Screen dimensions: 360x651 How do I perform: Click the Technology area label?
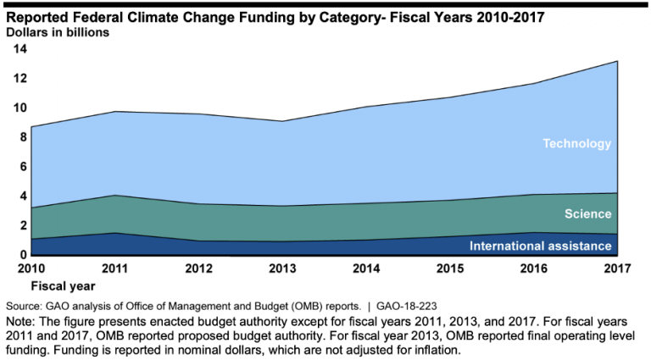[x=576, y=144]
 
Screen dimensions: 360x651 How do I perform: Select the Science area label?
[x=587, y=214]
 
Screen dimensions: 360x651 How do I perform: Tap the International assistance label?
[x=541, y=246]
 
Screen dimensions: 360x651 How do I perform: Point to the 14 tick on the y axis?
[x=19, y=49]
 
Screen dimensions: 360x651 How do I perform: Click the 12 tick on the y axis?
[x=19, y=79]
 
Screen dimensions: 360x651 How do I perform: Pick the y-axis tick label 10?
[x=19, y=108]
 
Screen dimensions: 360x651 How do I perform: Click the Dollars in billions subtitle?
[x=61, y=32]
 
